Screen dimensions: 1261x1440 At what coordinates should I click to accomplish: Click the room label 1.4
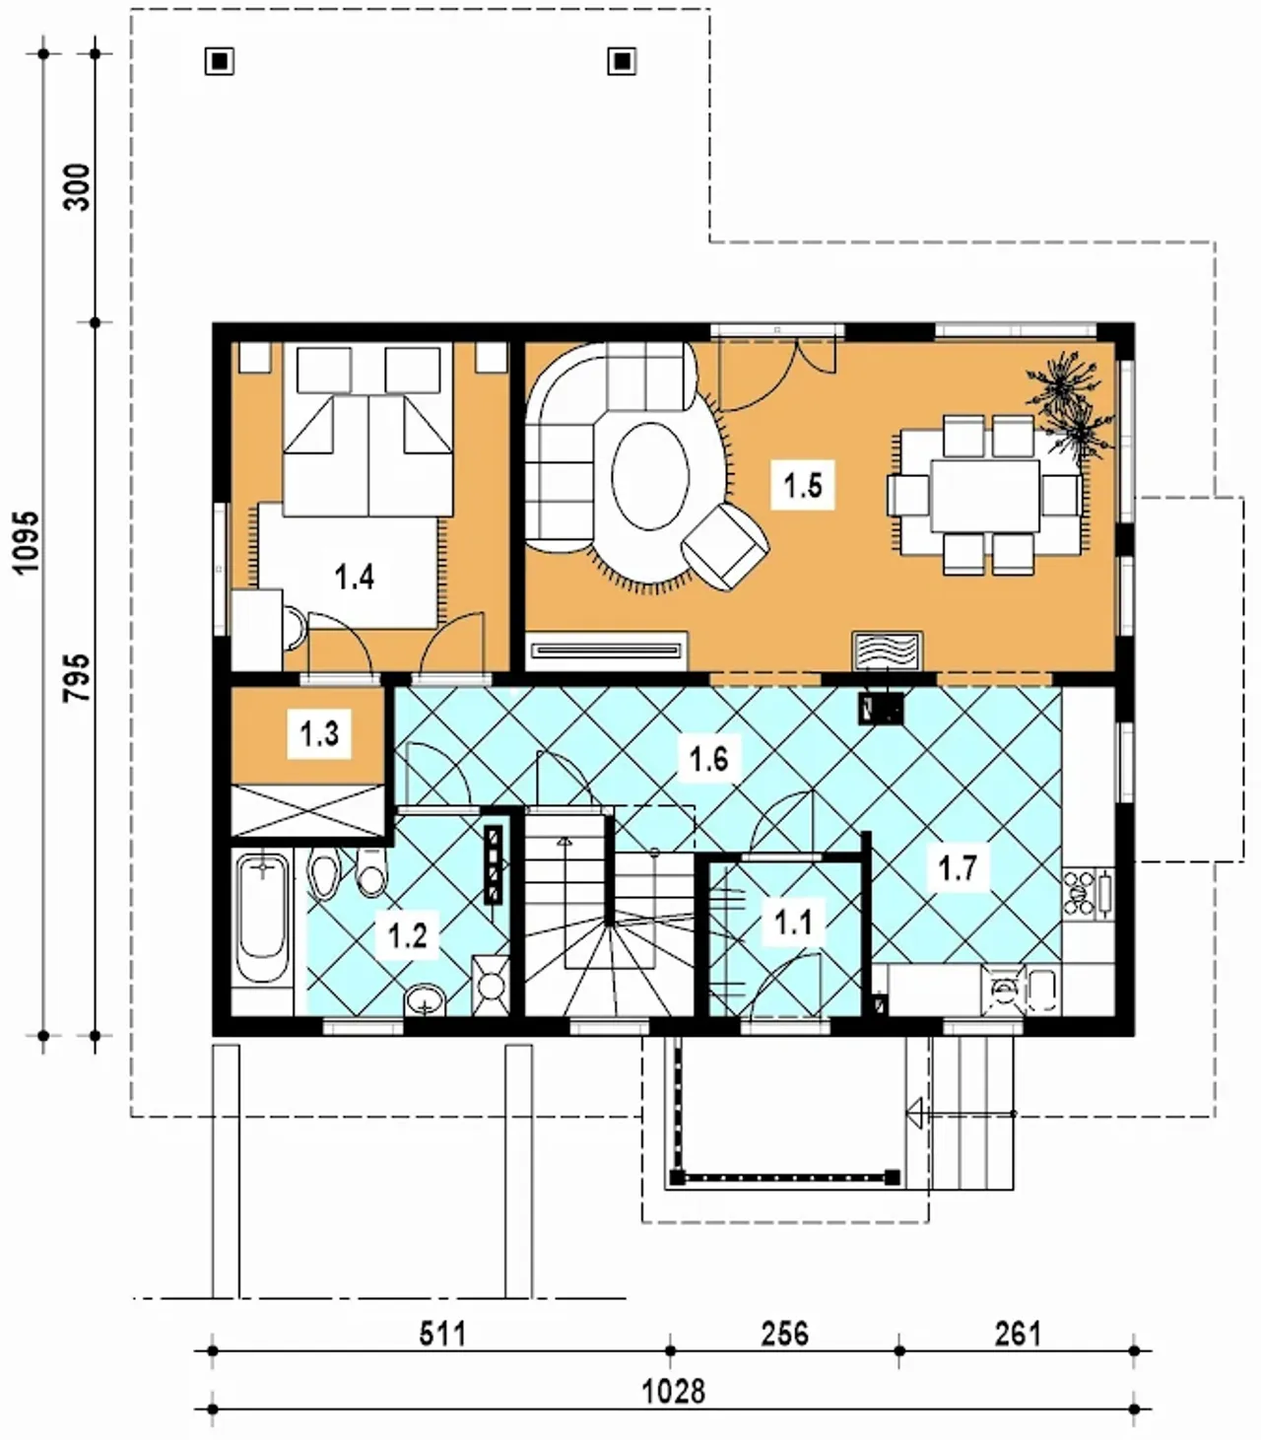[354, 577]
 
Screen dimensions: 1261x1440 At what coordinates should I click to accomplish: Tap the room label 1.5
[802, 486]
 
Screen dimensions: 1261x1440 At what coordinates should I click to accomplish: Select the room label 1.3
[319, 732]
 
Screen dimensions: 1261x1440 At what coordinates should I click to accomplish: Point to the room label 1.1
[792, 923]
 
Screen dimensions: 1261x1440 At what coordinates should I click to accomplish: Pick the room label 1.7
[958, 867]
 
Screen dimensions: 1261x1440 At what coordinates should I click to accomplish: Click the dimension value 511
[442, 1334]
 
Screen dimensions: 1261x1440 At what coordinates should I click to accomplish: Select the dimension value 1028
[674, 1391]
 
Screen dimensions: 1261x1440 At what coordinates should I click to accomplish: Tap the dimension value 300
[78, 187]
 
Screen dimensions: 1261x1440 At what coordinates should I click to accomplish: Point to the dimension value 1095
[27, 542]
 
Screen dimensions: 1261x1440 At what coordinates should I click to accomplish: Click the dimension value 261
[1018, 1334]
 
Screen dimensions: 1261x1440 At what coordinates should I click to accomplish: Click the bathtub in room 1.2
[262, 919]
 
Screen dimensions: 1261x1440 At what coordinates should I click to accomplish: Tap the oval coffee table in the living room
[650, 476]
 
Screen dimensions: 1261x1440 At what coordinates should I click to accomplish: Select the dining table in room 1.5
[984, 496]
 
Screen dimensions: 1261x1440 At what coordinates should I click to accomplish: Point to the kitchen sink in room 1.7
[1022, 989]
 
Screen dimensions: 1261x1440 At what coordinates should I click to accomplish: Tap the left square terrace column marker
[219, 61]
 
